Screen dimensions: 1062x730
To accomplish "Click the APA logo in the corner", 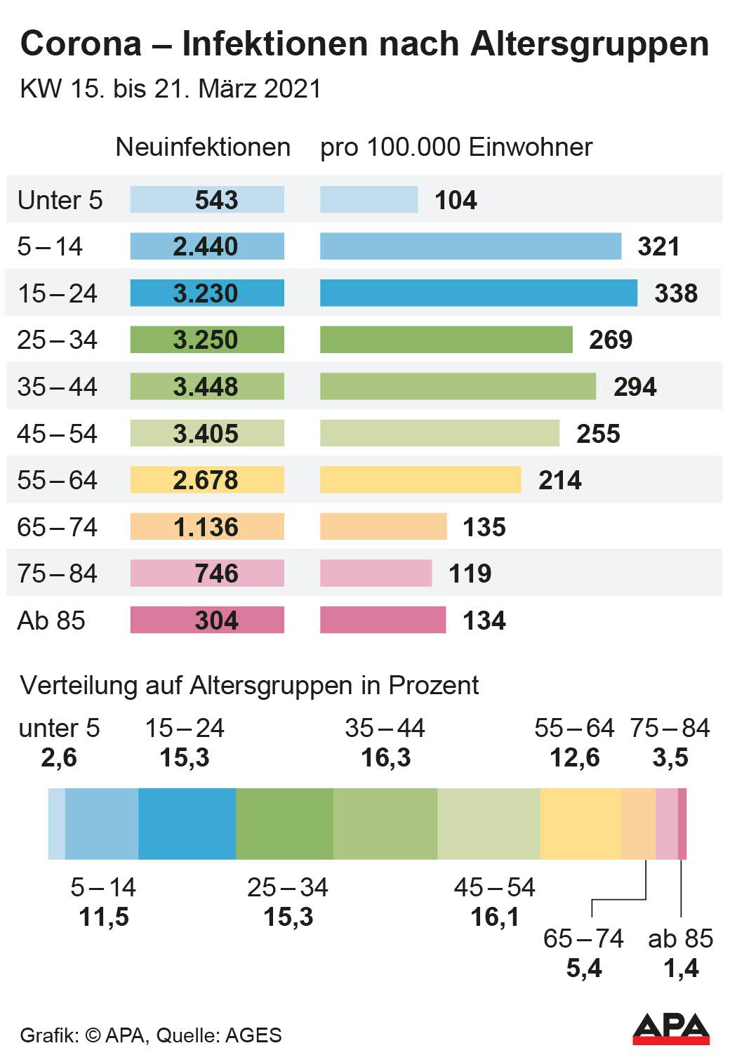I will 670,1029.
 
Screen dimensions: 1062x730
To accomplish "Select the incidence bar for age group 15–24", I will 478,293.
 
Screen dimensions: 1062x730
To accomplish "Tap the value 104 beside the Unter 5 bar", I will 456,200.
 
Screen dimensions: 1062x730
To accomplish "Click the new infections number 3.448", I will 206,387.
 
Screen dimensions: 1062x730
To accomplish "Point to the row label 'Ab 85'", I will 51,620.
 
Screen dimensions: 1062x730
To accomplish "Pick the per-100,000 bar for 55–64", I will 420,480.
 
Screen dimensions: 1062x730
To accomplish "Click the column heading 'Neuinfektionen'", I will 203,147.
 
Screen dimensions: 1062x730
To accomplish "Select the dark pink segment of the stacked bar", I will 682,823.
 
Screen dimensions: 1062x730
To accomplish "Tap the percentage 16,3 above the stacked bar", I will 385,758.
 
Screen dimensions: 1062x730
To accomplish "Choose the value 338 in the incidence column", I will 676,293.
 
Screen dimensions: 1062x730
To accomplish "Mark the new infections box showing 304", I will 207,620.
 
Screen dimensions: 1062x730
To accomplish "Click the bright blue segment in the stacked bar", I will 187,823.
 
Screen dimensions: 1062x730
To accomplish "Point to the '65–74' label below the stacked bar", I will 583,938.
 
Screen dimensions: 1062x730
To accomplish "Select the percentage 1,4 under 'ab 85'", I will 681,969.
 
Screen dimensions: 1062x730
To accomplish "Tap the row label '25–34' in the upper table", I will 57,340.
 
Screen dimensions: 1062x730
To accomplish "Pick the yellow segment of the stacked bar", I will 580,823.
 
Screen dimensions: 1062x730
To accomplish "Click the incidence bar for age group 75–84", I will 376,573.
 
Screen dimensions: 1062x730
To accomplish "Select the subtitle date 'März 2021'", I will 260,89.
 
